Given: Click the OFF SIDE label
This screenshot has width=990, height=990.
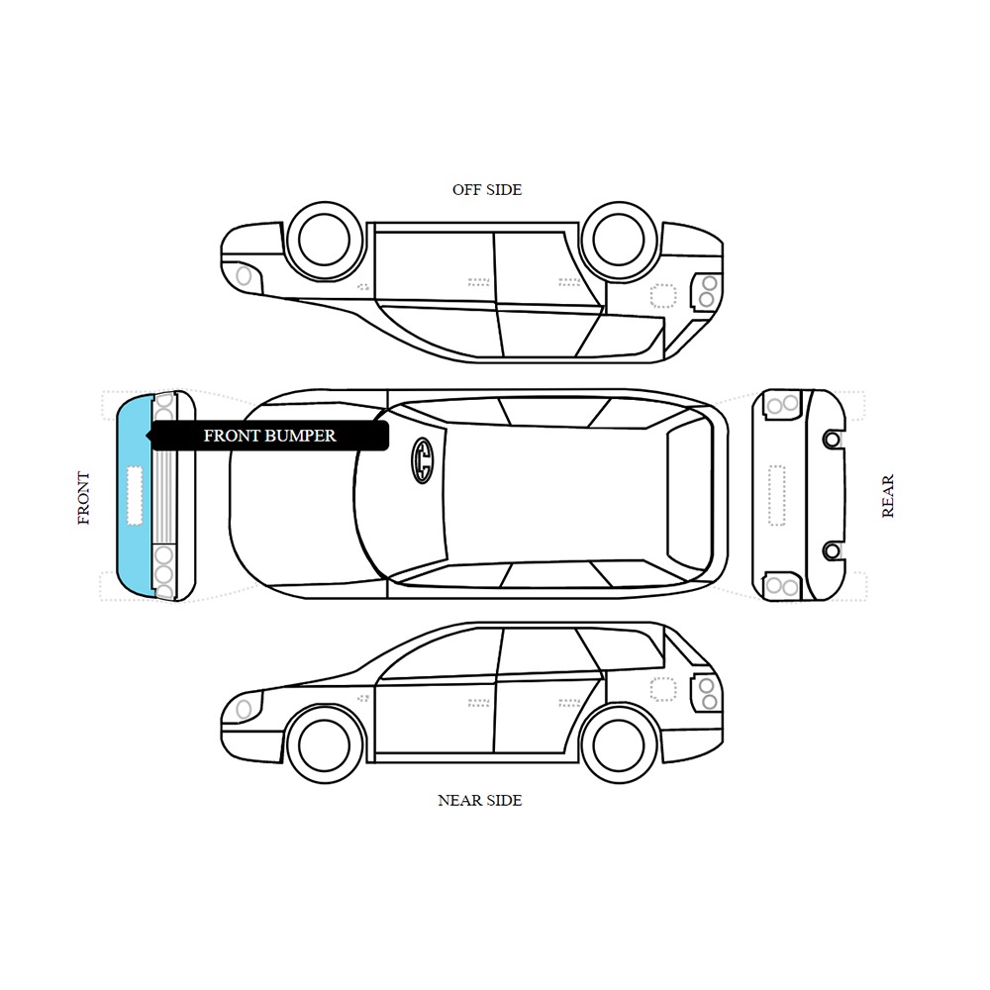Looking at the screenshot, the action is [x=487, y=189].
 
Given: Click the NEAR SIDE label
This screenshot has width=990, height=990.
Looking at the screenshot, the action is [x=480, y=800].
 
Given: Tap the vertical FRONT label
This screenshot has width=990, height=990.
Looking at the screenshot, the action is [x=83, y=498].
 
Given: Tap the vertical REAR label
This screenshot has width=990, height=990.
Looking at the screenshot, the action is [x=888, y=496].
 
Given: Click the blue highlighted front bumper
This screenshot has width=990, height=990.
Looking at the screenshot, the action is [x=135, y=496].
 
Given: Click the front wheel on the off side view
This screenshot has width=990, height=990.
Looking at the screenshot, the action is [x=324, y=240].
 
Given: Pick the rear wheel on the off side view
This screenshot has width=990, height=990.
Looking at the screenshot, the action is [x=619, y=240].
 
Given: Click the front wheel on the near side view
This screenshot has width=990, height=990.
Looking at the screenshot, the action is [x=324, y=745].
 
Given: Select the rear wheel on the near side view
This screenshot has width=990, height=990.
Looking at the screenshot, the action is [x=619, y=745].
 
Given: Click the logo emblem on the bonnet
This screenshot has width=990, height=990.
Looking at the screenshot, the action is [x=423, y=460].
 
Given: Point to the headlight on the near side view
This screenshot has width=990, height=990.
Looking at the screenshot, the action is [x=244, y=710].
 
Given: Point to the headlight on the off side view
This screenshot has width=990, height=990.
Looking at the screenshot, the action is [x=244, y=276].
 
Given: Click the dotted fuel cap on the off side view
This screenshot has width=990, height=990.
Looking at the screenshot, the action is [x=663, y=295].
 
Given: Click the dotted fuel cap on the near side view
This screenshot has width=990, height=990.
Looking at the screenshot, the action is [x=663, y=689].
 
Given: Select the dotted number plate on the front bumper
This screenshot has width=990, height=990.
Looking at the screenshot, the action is [x=135, y=496].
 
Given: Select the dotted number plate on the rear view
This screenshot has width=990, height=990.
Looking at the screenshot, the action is [x=776, y=496].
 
